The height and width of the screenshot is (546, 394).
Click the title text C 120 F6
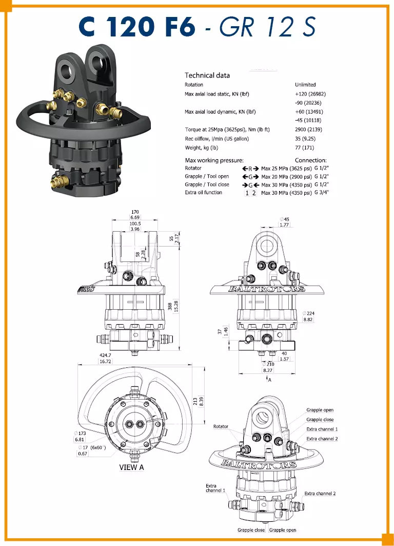(137, 27)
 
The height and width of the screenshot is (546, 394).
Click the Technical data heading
(207, 75)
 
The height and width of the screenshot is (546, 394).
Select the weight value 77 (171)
(304, 147)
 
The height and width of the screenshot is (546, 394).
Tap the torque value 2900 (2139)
(308, 129)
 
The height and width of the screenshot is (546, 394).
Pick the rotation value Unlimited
(305, 85)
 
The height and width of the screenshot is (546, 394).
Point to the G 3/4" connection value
(321, 193)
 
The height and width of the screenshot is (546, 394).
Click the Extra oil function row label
(204, 192)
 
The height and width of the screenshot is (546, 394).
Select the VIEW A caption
(131, 467)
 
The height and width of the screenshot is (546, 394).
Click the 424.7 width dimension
(105, 355)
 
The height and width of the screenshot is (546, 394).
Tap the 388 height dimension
(170, 306)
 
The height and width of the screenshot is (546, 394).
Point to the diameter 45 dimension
(284, 219)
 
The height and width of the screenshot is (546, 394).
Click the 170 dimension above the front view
(135, 212)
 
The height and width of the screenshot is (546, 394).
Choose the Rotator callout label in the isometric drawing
(221, 426)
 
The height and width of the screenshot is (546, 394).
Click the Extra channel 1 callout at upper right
(322, 429)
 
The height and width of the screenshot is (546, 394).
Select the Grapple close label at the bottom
(251, 530)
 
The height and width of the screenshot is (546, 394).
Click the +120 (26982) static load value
(310, 93)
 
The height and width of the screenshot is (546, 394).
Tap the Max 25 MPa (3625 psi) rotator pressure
(286, 168)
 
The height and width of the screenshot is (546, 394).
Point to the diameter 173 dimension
(80, 433)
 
